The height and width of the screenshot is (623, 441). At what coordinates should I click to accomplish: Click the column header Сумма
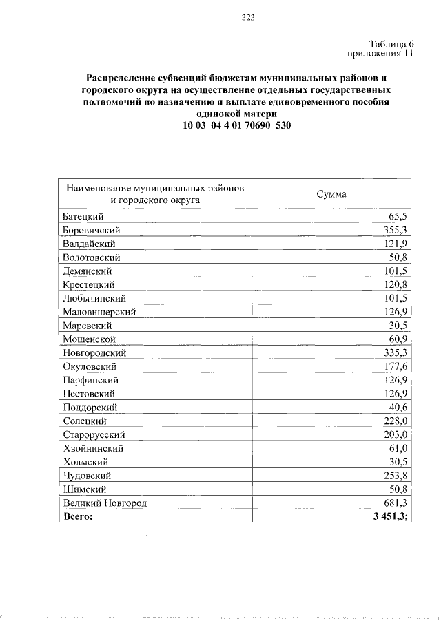pyautogui.click(x=331, y=194)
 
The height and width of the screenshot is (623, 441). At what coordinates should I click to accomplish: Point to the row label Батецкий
pyautogui.click(x=84, y=216)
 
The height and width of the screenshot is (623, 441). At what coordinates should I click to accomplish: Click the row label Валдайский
pyautogui.click(x=89, y=244)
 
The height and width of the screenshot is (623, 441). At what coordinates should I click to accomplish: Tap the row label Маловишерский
pyautogui.click(x=99, y=312)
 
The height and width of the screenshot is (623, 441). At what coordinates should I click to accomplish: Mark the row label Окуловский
pyautogui.click(x=90, y=366)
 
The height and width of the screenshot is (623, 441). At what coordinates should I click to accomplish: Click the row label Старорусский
pyautogui.click(x=94, y=434)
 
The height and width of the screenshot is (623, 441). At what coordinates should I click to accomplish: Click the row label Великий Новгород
pyautogui.click(x=105, y=503)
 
